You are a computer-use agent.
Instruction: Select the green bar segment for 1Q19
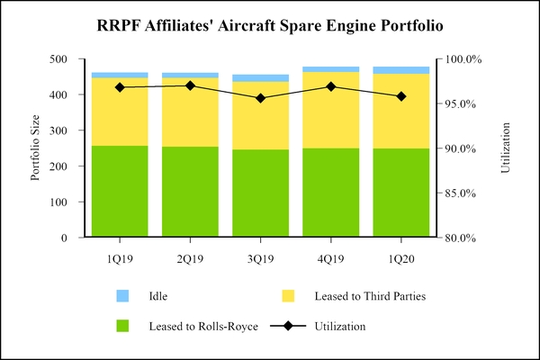point(120,192)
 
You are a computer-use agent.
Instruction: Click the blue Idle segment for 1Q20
point(401,70)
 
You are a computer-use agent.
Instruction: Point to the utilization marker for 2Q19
point(190,85)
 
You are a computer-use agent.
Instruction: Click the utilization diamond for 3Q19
point(260,98)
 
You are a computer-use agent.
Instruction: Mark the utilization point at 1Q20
point(401,96)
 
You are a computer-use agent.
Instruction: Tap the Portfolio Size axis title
point(36,148)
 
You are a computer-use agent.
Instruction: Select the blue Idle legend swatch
point(123,295)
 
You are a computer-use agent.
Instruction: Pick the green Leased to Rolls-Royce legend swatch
point(123,326)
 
